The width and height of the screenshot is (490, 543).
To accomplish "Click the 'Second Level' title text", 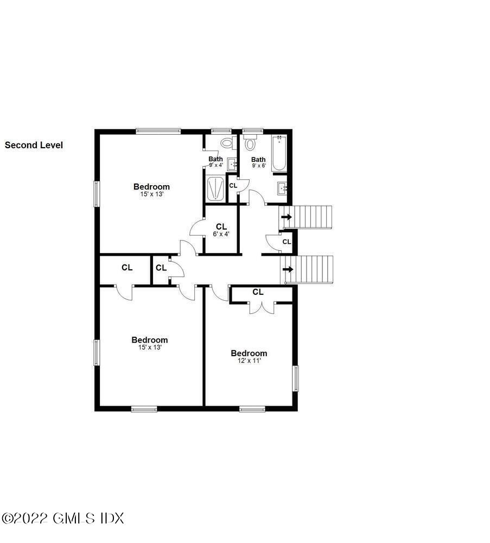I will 34,145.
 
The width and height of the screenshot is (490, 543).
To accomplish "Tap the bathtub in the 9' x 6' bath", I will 279,154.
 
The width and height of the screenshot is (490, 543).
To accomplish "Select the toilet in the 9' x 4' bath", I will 227,143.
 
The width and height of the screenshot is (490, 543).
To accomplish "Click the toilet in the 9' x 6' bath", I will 250,144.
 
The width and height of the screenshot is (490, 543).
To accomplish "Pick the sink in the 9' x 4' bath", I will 232,163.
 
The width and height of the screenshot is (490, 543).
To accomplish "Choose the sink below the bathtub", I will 281,188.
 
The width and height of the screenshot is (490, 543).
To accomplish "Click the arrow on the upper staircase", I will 286,217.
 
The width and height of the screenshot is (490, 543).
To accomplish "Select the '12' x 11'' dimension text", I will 249,361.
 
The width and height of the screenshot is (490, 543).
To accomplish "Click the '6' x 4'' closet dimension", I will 221,234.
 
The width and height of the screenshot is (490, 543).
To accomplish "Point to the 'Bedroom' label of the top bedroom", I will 151,187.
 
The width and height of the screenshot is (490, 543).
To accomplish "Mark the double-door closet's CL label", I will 258,292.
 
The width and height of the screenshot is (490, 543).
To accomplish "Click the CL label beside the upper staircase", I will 287,242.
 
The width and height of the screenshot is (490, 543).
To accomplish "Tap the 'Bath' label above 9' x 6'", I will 258,159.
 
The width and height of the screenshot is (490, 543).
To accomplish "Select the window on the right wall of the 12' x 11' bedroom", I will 296,378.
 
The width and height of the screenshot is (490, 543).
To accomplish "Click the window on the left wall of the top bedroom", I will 97,194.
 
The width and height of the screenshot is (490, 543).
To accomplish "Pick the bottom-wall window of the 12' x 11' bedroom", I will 252,409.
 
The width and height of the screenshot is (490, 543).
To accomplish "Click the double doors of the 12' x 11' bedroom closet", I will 262,308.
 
